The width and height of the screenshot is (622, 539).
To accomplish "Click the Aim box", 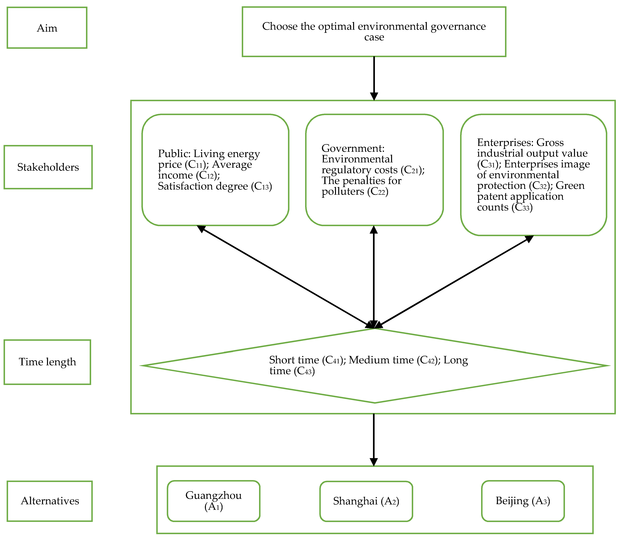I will click(x=47, y=28).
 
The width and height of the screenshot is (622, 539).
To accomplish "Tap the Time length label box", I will click(x=47, y=362).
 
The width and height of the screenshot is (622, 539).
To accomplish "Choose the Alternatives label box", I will click(x=50, y=501).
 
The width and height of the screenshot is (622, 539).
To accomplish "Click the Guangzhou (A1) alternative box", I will click(x=213, y=501).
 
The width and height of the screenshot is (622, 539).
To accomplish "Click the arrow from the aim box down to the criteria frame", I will click(x=374, y=78).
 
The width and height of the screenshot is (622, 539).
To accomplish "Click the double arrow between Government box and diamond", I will click(x=374, y=277).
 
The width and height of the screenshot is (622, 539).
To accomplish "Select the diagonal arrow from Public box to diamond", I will click(x=286, y=277).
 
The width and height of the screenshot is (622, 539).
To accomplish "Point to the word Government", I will click(x=353, y=148).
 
